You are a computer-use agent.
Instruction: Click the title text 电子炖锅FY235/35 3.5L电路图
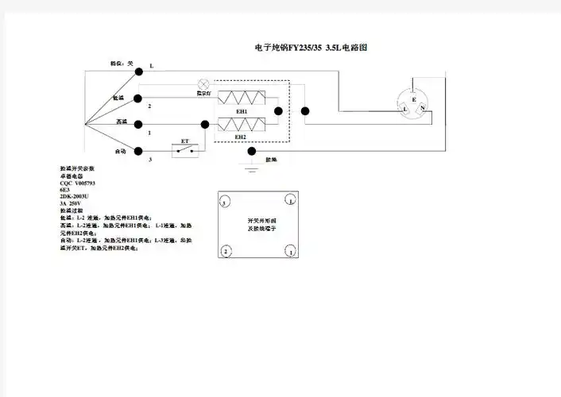click(x=311, y=48)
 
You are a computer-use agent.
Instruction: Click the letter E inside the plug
click(x=414, y=90)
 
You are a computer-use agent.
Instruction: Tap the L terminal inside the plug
click(x=406, y=109)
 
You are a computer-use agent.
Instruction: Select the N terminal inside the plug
click(x=423, y=106)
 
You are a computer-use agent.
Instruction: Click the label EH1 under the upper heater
click(x=241, y=112)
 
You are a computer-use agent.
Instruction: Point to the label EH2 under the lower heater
click(x=241, y=137)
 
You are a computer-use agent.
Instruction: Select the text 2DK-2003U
click(x=74, y=197)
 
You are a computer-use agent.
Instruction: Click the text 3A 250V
click(x=71, y=204)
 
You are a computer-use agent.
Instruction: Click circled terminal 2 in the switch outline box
click(x=226, y=252)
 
